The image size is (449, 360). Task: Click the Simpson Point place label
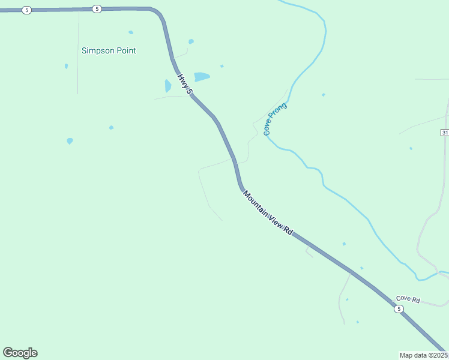pos(109,51)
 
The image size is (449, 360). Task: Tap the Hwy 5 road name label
pos(185,84)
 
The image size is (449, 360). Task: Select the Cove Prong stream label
pos(276,118)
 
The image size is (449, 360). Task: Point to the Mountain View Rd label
pos(268,212)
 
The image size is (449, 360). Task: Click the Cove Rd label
pos(408,299)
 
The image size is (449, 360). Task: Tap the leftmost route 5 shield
pos(26,11)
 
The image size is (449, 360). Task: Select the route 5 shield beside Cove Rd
pos(399,309)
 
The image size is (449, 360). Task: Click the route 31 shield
pos(445,132)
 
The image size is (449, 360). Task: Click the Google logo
pos(20,353)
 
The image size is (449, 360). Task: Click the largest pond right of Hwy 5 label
pos(202,77)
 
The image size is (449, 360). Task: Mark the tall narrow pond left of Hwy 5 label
pos(168,86)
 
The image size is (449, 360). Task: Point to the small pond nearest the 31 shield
pos(411,148)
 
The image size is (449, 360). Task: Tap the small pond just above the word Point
pos(131,32)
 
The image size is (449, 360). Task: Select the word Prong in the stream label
pos(279,112)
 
